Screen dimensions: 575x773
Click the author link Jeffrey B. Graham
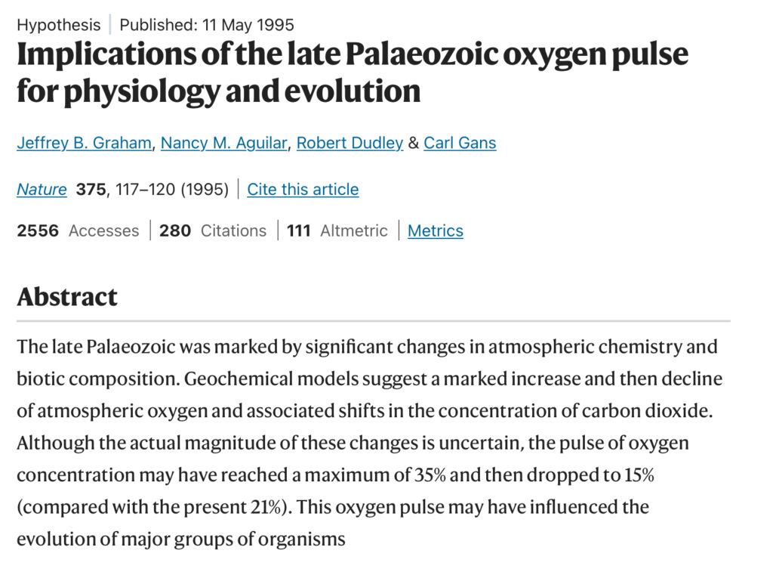[84, 143]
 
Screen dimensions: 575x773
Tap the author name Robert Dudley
[350, 143]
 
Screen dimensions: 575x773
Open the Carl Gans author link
[460, 143]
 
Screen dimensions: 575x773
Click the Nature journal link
[42, 189]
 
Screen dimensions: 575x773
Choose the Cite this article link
[303, 189]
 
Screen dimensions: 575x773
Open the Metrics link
[436, 230]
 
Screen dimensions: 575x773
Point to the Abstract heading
[67, 297]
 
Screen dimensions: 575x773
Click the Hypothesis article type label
[59, 25]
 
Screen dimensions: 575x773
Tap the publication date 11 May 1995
[248, 25]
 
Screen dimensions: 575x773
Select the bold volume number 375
[91, 189]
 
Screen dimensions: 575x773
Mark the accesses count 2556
[38, 230]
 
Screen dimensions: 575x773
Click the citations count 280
[175, 230]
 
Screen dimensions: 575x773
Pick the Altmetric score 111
[299, 230]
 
